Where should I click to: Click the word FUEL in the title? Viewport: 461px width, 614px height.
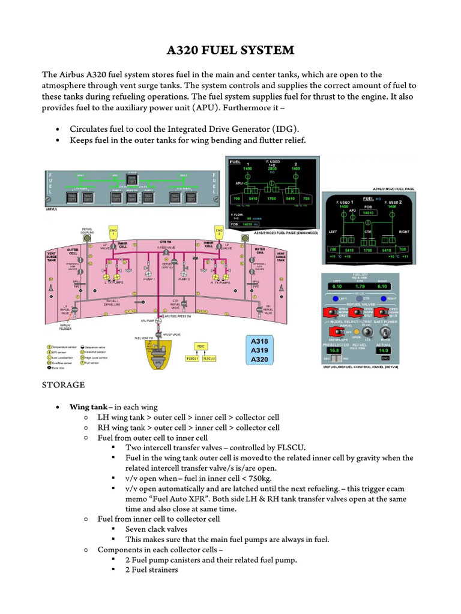click(219, 50)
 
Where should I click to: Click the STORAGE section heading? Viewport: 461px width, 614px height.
click(62, 384)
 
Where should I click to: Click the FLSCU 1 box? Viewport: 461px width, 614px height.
click(193, 359)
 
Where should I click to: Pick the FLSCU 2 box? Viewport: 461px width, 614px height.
click(209, 359)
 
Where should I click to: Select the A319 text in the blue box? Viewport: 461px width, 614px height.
click(260, 350)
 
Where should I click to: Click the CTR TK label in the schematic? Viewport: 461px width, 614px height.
click(165, 242)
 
